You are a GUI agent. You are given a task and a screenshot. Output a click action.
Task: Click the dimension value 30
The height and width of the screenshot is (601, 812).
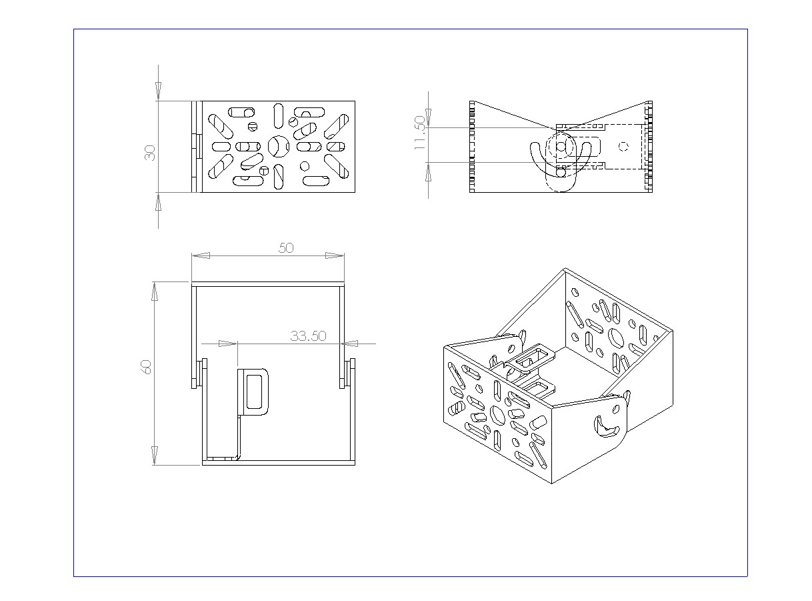point(150,153)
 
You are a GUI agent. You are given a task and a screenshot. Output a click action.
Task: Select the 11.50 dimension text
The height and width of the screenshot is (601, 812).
point(419,133)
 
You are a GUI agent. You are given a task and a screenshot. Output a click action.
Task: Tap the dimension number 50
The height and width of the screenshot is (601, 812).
point(286,247)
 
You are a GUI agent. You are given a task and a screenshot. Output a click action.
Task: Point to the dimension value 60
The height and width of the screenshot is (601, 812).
point(147,366)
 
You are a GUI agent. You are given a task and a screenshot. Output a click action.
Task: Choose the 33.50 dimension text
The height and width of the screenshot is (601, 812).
point(308,336)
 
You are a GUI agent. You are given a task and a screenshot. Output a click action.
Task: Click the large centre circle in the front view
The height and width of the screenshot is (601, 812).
point(278,146)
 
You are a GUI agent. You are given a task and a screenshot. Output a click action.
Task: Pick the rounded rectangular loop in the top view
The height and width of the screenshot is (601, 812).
point(254,391)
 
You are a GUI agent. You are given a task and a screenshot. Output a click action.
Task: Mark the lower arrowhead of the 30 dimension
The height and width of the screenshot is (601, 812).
point(158,203)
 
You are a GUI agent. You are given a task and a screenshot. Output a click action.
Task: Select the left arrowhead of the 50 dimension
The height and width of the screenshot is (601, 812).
point(201,255)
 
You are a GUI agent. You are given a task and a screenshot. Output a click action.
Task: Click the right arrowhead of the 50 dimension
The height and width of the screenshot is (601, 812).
point(335,255)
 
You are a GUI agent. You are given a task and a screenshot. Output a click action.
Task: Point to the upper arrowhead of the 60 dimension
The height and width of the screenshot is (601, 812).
point(155,291)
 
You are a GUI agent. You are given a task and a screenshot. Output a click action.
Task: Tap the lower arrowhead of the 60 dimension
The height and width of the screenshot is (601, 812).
point(155,456)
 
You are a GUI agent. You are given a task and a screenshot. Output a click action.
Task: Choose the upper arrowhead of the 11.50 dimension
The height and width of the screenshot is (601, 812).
point(427,117)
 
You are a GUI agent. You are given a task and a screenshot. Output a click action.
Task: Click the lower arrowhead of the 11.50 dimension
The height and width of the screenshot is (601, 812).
point(427,172)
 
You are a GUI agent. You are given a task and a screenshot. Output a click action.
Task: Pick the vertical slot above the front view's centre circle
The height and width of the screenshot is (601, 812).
point(278,115)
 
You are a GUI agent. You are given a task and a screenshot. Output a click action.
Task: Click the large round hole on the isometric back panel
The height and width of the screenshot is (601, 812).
point(616,338)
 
